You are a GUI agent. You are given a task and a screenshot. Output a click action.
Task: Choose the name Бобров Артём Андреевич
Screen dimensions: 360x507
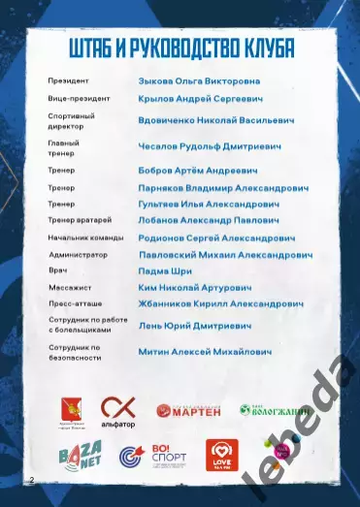(x=195, y=170)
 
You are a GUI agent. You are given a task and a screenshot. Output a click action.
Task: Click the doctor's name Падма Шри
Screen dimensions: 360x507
(x=165, y=272)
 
